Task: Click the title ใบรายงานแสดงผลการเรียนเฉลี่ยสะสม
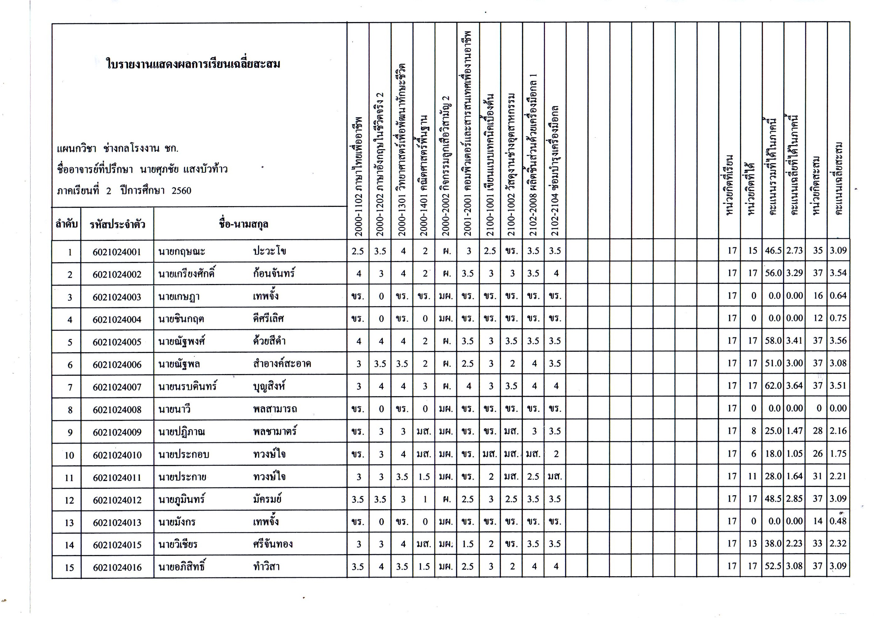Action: coord(193,64)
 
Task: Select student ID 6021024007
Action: coord(117,387)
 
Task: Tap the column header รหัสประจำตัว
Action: coord(117,224)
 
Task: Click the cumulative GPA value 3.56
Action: coord(838,340)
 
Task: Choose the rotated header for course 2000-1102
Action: coord(358,175)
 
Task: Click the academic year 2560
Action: coord(181,190)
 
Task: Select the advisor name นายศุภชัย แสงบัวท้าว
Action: coord(183,169)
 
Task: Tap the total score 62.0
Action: coord(773,386)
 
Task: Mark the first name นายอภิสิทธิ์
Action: coord(182,567)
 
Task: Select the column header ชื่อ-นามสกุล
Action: coord(243,224)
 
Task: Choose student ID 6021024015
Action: coord(117,545)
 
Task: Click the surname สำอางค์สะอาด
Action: coord(282,364)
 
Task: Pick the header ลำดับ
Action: coord(66,224)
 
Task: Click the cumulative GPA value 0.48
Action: coord(838,521)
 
